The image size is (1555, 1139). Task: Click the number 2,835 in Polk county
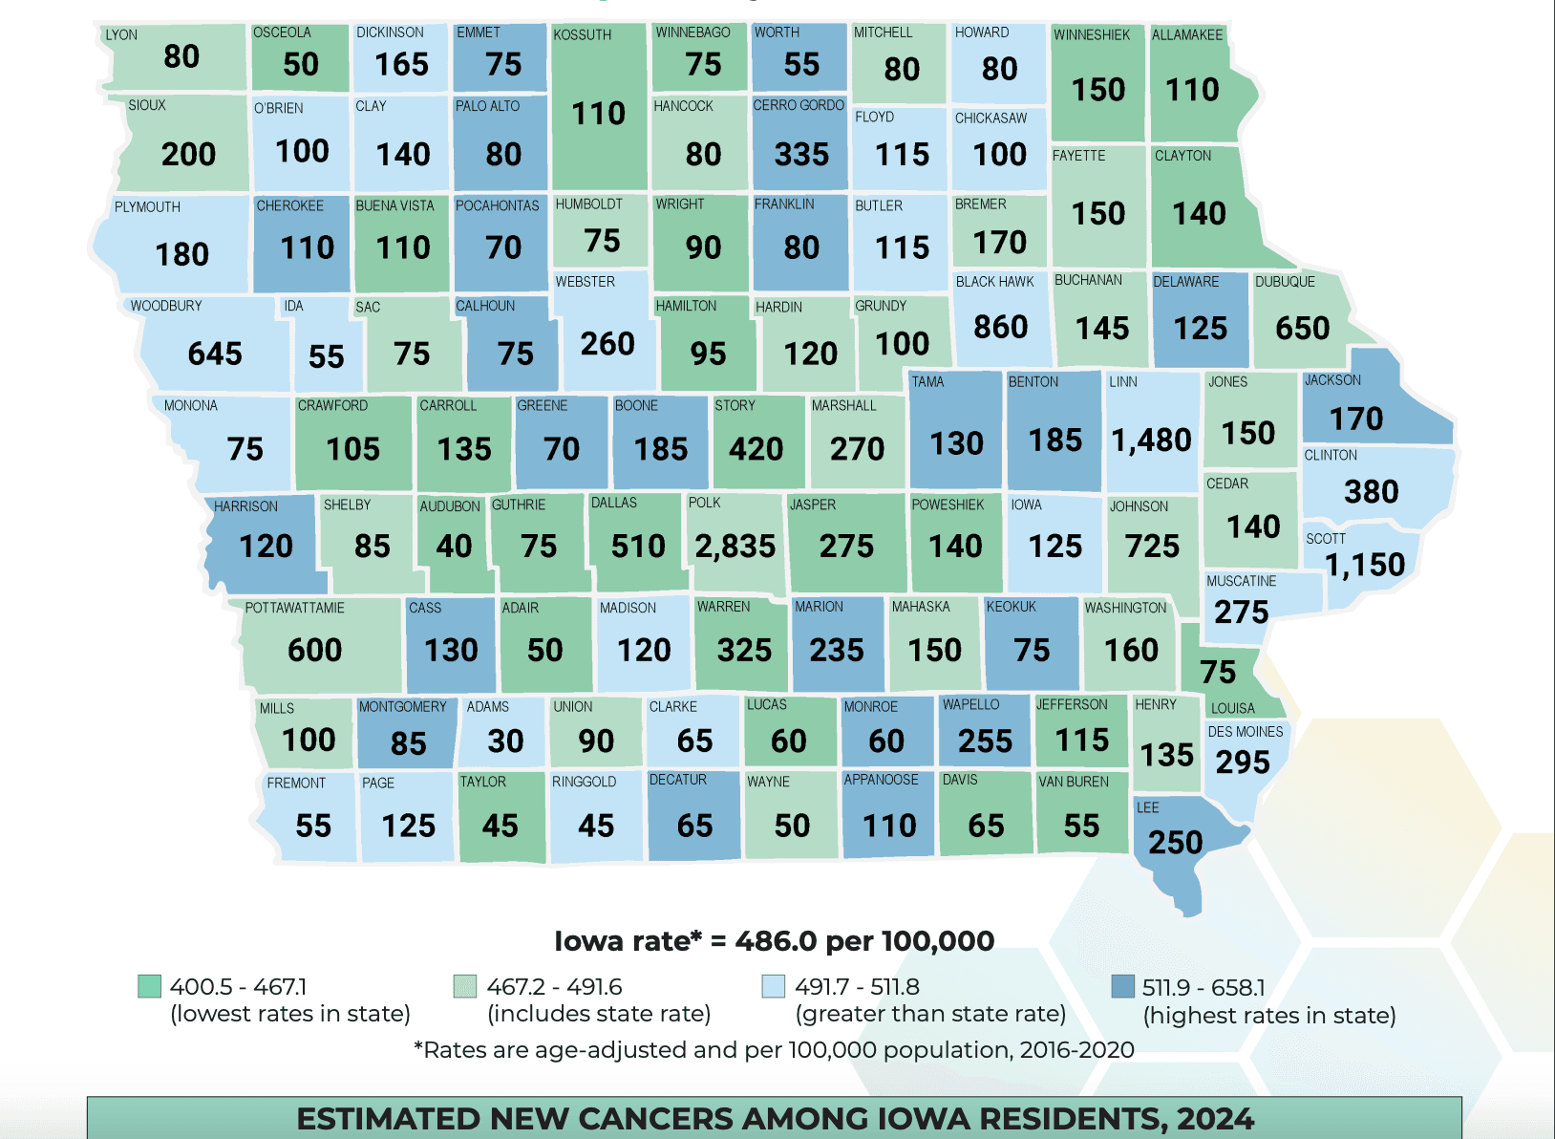(735, 546)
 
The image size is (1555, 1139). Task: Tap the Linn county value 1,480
(1151, 440)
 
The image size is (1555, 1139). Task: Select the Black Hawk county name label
(994, 282)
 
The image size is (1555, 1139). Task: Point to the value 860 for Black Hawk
(1000, 327)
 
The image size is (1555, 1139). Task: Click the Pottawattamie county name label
(294, 608)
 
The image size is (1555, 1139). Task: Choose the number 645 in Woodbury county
(215, 354)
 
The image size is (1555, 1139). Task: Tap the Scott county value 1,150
(1365, 565)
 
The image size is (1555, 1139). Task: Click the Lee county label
(1147, 807)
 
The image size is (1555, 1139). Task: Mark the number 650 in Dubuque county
(1302, 328)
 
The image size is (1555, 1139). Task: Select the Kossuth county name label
(582, 34)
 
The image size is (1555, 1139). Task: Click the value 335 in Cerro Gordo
(801, 154)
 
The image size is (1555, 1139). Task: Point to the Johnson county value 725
(1152, 546)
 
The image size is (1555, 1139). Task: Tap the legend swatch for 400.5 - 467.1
(149, 986)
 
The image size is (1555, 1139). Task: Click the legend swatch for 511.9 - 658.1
(1123, 986)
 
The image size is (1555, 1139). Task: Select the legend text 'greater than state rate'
(930, 1014)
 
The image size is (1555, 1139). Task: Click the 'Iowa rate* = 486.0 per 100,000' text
(774, 941)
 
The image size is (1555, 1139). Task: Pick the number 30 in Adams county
(505, 741)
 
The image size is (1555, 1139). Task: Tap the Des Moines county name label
(1245, 732)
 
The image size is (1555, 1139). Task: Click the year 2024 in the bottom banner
(1215, 1119)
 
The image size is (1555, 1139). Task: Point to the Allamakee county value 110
(1191, 90)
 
